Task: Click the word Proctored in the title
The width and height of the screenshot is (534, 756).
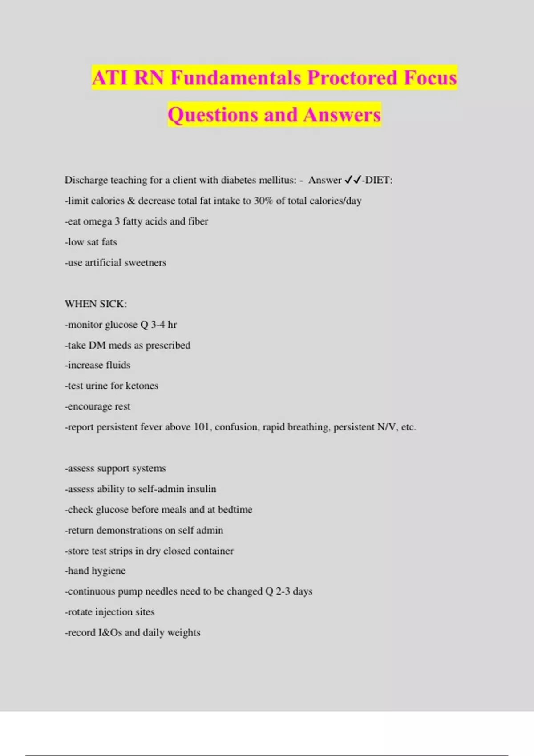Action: [x=352, y=78]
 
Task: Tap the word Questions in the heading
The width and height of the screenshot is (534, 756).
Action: [x=213, y=115]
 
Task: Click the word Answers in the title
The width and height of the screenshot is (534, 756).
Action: [x=342, y=115]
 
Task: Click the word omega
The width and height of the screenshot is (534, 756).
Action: [x=97, y=221]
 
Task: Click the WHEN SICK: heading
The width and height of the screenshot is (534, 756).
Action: [x=96, y=304]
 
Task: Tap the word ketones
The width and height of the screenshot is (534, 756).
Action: [x=142, y=386]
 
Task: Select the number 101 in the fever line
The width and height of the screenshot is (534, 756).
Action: [x=202, y=427]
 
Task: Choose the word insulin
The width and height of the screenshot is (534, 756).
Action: [x=202, y=489]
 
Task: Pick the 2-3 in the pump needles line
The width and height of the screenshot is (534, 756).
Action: [x=283, y=591]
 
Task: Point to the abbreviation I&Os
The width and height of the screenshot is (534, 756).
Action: [x=110, y=633]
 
